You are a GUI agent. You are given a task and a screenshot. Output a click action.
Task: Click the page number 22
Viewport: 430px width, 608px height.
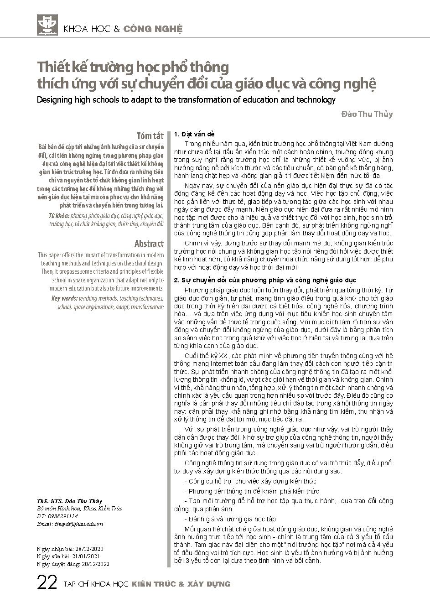(47, 583)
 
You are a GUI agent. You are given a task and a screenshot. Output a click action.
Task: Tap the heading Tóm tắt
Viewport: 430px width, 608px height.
(150, 135)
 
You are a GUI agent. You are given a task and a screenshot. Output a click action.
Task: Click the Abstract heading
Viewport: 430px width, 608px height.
(149, 243)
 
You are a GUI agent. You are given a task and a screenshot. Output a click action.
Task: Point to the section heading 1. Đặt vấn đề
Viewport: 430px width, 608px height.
(194, 134)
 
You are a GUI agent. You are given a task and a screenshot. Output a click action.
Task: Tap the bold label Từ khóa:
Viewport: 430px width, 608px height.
(58, 215)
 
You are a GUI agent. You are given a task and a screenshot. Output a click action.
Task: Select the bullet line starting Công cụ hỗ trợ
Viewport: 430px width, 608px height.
(250, 481)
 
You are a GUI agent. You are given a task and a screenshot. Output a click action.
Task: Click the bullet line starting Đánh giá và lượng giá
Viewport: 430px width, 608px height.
(231, 519)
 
